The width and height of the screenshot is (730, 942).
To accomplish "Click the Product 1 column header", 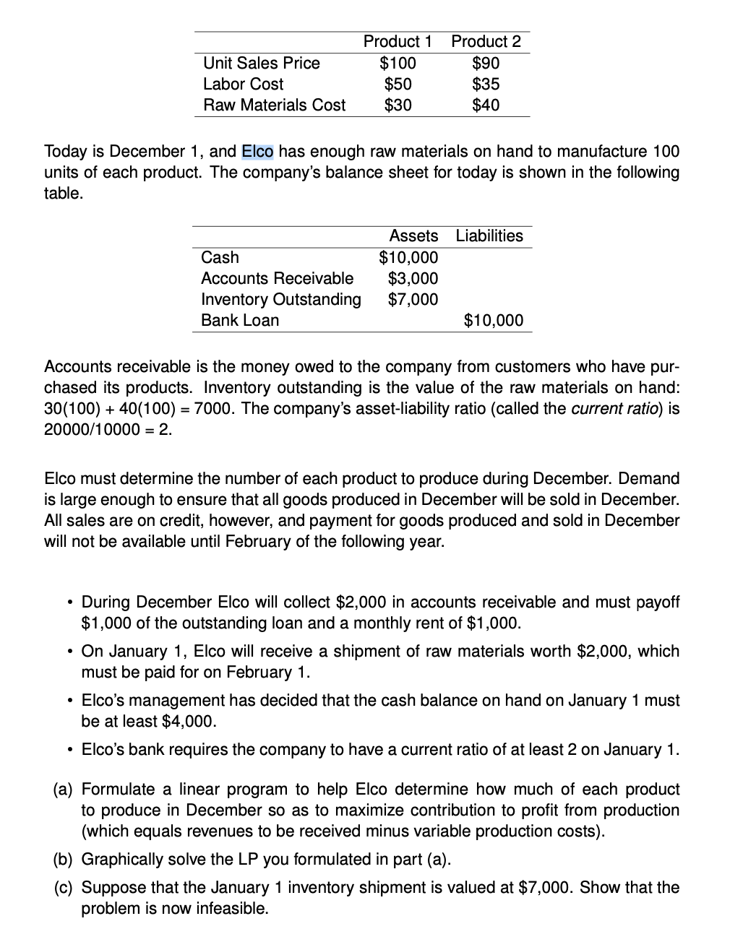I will [x=398, y=42].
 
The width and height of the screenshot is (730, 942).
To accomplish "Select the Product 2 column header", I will [x=486, y=42].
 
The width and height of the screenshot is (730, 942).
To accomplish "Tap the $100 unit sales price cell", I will [x=398, y=63].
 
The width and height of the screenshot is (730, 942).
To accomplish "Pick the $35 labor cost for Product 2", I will [x=486, y=84].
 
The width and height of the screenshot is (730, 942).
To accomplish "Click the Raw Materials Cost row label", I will [x=275, y=105].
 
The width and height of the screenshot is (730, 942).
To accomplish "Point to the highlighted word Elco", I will [x=257, y=152].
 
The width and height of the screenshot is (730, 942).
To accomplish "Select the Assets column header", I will [x=413, y=236].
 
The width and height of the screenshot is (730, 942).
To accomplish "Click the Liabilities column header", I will [x=489, y=236].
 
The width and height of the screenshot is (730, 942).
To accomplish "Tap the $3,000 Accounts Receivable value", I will [x=413, y=278].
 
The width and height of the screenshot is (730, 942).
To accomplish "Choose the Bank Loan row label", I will [x=240, y=320].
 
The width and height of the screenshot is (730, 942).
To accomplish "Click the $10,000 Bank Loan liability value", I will [x=494, y=320].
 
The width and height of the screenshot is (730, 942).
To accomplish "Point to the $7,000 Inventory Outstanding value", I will [x=413, y=299].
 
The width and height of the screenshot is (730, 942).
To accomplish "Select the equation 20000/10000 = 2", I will [x=108, y=430].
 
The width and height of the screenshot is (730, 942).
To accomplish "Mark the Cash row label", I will [x=220, y=257].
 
